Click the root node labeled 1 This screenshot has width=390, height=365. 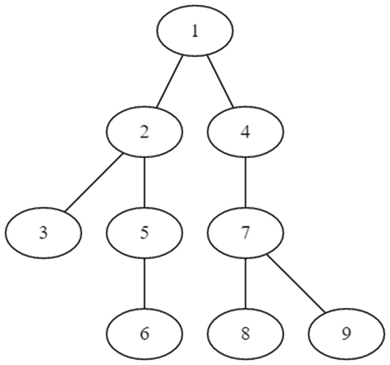pos(195,32)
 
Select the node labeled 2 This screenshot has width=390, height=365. pos(145,132)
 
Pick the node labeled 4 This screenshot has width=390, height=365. pos(245,132)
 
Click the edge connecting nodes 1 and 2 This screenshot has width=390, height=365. pos(170,81)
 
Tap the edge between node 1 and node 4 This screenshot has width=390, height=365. pos(220,81)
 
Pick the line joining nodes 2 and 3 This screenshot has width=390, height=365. pos(93,183)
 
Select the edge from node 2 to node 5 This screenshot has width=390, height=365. pos(145,182)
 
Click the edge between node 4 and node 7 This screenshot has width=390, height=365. pos(245,182)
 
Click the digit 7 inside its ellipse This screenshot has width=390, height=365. pos(245,233)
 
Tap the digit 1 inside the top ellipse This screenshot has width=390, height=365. pos(195,32)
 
